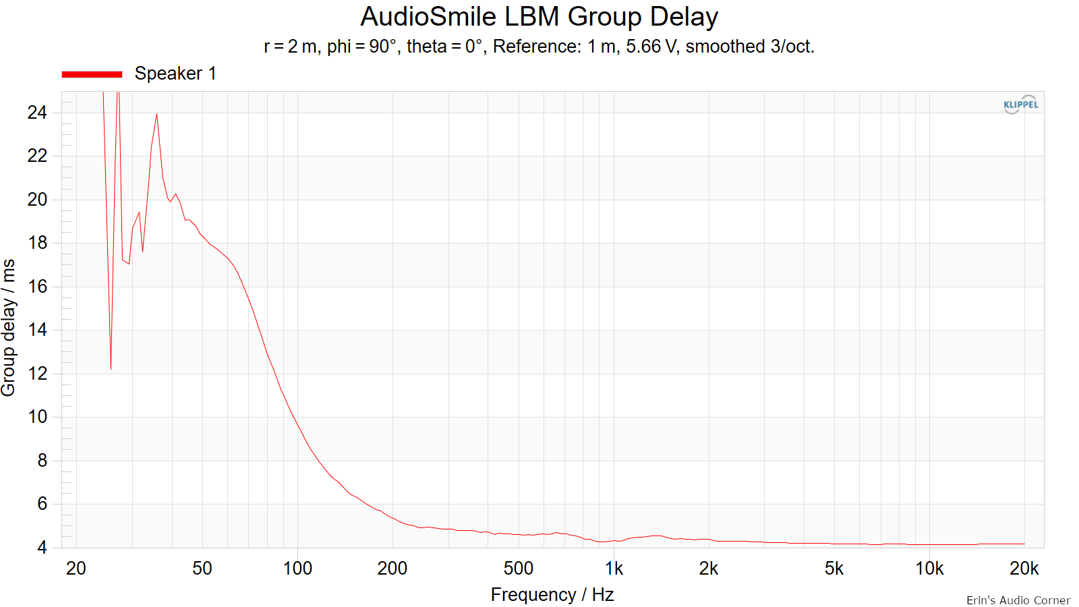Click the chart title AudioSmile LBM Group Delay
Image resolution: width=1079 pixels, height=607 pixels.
(x=539, y=17)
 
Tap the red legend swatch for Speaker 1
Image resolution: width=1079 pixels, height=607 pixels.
(x=92, y=74)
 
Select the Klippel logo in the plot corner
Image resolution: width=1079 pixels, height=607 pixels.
(x=1020, y=105)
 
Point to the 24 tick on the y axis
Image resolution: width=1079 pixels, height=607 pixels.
(x=37, y=113)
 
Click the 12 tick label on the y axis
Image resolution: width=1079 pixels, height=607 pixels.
(x=37, y=374)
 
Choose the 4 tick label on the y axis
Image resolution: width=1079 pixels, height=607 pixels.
(x=42, y=547)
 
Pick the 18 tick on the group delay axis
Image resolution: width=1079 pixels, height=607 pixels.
(x=37, y=243)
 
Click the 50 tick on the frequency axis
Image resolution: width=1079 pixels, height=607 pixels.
(x=202, y=569)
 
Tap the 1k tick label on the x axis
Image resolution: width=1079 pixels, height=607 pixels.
(x=614, y=569)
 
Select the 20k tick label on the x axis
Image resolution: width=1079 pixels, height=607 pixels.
(x=1024, y=569)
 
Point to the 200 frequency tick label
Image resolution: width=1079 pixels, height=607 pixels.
(x=392, y=569)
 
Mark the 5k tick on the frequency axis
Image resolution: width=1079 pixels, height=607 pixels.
(x=834, y=569)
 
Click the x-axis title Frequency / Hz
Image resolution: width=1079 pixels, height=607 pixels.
(x=552, y=595)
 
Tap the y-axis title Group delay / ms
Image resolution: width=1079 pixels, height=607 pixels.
(x=8, y=328)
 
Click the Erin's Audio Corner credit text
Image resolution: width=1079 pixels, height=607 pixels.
(x=1018, y=600)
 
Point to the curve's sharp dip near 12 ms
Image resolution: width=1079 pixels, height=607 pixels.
(x=111, y=369)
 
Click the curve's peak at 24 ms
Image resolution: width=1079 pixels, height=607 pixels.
(x=156, y=114)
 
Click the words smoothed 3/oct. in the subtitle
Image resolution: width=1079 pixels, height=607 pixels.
(x=750, y=47)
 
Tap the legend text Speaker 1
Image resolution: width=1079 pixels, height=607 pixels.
(x=175, y=74)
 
